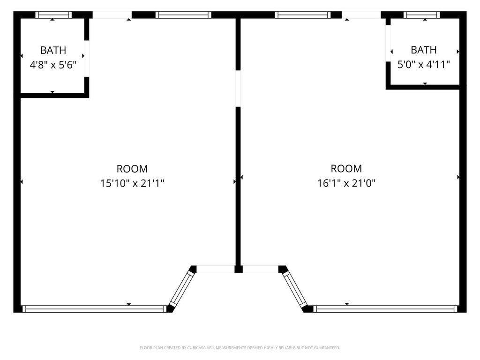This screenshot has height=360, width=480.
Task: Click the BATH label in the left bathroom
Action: [x=53, y=50]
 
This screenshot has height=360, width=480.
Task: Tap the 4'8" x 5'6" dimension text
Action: [x=53, y=65]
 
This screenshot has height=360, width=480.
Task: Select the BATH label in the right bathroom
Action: [x=424, y=50]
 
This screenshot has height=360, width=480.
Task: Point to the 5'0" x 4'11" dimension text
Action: [x=424, y=64]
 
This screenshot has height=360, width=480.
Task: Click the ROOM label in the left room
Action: [x=132, y=169]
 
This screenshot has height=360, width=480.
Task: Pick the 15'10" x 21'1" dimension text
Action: [x=132, y=183]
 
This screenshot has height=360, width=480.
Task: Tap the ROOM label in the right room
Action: [x=346, y=168]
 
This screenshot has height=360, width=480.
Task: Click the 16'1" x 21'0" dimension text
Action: [x=346, y=183]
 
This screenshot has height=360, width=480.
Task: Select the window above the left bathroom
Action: [x=53, y=15]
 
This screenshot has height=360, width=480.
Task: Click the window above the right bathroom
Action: [x=422, y=15]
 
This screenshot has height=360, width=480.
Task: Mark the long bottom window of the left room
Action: [x=94, y=308]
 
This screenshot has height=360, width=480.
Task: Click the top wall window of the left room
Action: [x=184, y=15]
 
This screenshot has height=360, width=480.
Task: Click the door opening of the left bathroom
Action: [x=86, y=58]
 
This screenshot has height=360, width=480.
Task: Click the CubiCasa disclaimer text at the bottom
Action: [x=240, y=348]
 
